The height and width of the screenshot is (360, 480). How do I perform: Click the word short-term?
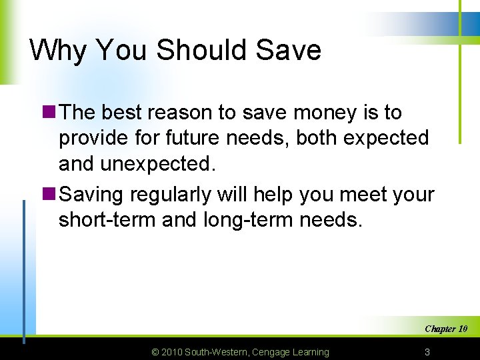coord(107,220)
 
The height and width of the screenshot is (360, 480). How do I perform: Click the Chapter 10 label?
coord(446,329)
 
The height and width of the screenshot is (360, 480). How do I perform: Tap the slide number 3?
coord(427,351)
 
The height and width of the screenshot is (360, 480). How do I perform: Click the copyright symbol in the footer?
coord(156,352)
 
